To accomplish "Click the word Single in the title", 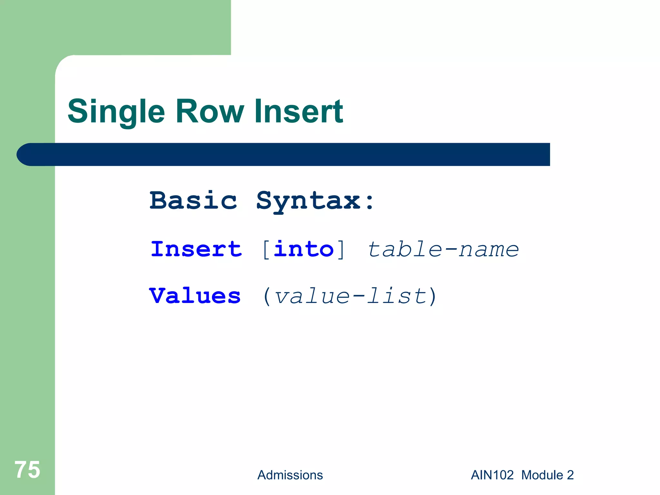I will [x=116, y=112].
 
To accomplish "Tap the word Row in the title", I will [x=210, y=112].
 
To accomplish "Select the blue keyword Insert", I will [x=196, y=249].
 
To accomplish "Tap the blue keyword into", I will [x=304, y=249].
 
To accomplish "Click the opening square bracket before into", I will [x=266, y=250].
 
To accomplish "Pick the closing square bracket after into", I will [x=340, y=250].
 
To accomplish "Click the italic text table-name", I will [x=443, y=249].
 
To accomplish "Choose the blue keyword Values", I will [x=195, y=296].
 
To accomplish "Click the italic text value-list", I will [x=351, y=296].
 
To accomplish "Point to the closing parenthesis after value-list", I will [x=432, y=296].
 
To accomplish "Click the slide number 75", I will [x=27, y=470].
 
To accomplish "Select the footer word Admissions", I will [x=290, y=475].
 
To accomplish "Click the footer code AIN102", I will [x=492, y=475].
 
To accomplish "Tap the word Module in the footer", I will [x=542, y=475].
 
